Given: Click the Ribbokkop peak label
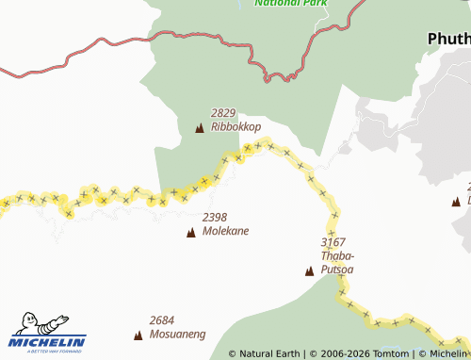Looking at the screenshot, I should (x=235, y=126).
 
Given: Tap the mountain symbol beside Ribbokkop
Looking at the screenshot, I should (x=199, y=128).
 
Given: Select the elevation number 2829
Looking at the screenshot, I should (x=223, y=112).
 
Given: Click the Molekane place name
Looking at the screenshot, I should (x=226, y=231).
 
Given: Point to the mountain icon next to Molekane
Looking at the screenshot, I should (x=191, y=232).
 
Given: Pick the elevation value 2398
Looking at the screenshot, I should (x=215, y=217).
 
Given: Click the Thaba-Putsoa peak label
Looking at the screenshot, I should (x=337, y=262).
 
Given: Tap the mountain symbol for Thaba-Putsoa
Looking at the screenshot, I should (x=309, y=271).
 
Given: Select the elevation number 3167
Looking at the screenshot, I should (x=333, y=242).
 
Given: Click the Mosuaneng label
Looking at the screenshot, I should (x=177, y=334).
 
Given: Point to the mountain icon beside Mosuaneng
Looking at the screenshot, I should (x=138, y=335).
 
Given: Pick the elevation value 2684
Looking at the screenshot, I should (x=162, y=319).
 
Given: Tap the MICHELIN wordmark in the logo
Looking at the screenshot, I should (x=48, y=341).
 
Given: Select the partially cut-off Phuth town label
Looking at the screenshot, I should (x=448, y=39).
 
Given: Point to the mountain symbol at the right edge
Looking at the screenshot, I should (x=456, y=201).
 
